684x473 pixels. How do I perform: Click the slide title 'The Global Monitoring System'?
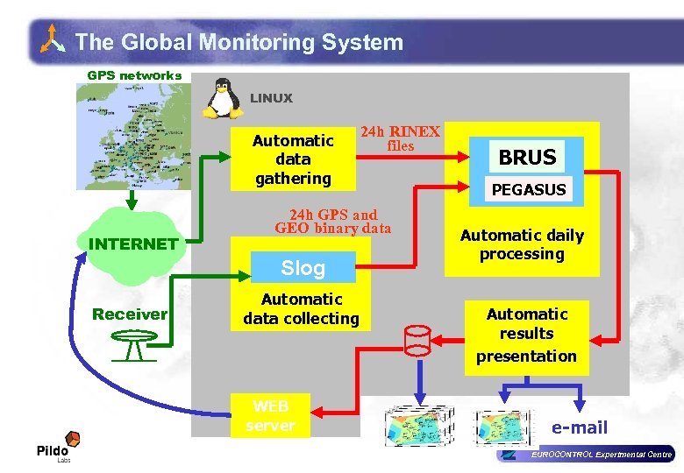pyautogui.click(x=239, y=42)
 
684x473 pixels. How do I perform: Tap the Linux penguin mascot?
pyautogui.click(x=223, y=98)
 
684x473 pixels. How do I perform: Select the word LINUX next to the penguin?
pyautogui.click(x=271, y=98)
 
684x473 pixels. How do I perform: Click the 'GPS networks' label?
pyautogui.click(x=134, y=75)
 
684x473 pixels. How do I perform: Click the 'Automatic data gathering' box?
pyautogui.click(x=293, y=159)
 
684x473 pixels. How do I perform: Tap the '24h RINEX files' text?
pyautogui.click(x=401, y=138)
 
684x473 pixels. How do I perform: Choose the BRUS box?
pyautogui.click(x=527, y=157)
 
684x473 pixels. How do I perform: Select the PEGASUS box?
pyautogui.click(x=528, y=189)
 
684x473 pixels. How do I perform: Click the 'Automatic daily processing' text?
pyautogui.click(x=522, y=244)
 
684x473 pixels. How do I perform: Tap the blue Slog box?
pyautogui.click(x=303, y=268)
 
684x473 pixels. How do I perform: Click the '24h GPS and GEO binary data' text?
pyautogui.click(x=333, y=222)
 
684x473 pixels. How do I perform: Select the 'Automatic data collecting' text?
pyautogui.click(x=302, y=309)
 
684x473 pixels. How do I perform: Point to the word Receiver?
pyautogui.click(x=130, y=314)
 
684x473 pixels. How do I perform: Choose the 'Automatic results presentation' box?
pyautogui.click(x=527, y=335)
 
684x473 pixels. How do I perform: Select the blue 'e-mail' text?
pyautogui.click(x=579, y=427)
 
